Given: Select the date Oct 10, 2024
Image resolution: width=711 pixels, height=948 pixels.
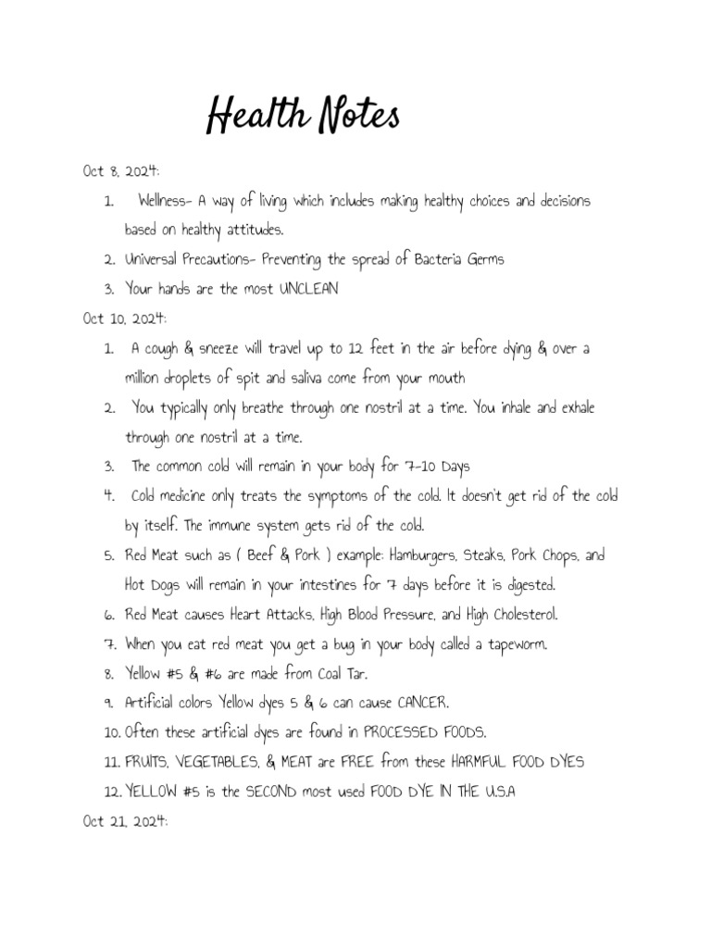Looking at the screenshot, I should click(x=124, y=318).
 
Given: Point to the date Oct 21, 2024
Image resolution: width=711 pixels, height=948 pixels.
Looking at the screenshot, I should click(x=124, y=820).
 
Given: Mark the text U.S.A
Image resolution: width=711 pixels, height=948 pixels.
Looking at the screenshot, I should click(x=493, y=792).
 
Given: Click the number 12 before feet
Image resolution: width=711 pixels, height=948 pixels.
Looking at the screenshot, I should click(x=356, y=348).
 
